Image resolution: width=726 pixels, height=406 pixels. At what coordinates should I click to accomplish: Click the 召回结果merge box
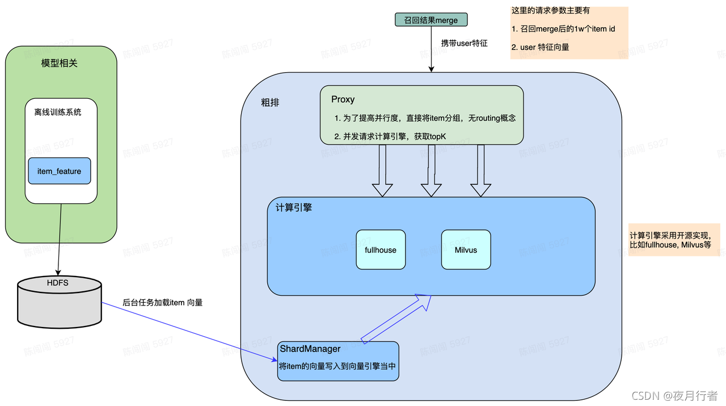tap(431, 20)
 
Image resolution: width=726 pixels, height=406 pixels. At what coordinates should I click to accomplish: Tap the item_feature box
tap(60, 171)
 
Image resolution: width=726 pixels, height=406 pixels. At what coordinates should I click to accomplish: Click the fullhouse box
tap(381, 249)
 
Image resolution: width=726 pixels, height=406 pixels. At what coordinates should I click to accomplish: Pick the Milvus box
tap(466, 249)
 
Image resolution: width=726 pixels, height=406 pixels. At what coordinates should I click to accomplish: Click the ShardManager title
tap(310, 349)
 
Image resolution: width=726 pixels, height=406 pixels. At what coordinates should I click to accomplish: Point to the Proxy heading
tap(343, 99)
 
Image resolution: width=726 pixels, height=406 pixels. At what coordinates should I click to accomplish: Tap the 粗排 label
tap(270, 103)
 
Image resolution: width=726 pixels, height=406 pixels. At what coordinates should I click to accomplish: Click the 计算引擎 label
tap(294, 208)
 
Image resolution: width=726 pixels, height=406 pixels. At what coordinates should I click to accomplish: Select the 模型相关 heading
tap(60, 63)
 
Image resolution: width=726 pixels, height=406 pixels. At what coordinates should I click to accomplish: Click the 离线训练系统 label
tap(58, 112)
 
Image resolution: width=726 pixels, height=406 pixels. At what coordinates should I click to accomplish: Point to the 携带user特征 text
tap(464, 43)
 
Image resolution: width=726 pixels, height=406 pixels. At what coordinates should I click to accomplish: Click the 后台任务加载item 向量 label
tap(163, 303)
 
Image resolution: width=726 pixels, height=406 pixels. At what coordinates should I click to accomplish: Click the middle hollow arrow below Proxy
tap(431, 170)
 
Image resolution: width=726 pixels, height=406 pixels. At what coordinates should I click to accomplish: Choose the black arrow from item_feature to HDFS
tap(60, 238)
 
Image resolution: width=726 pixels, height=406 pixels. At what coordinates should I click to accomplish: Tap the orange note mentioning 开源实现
tap(674, 240)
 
